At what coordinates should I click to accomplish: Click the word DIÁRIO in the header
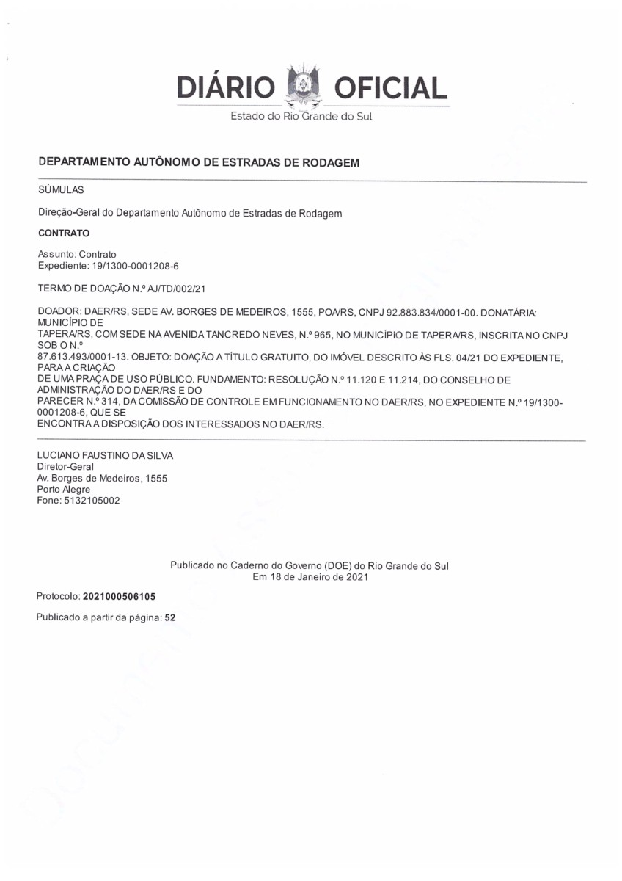[225, 89]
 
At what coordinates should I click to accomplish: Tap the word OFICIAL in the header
[390, 89]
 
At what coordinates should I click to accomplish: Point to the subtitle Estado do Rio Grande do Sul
[301, 117]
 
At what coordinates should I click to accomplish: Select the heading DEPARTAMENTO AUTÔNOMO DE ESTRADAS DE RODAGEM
[198, 162]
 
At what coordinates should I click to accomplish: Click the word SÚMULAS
[61, 189]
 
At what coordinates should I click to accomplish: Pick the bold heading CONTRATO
[63, 233]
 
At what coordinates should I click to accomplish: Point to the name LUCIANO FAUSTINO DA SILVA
[105, 455]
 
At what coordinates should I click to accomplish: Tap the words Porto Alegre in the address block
[64, 490]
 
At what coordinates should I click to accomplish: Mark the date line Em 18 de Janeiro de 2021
[310, 577]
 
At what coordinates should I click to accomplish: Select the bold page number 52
[170, 618]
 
